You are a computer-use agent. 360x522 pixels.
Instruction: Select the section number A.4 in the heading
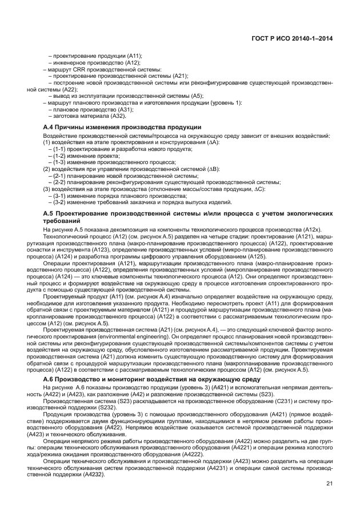50,126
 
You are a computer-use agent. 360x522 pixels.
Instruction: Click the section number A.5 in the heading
50,213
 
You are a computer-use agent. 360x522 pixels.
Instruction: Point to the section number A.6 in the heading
50,364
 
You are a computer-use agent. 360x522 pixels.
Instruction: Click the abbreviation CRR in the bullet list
77,69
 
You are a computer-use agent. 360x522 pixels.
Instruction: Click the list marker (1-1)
59,149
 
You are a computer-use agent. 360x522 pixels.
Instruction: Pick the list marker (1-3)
59,162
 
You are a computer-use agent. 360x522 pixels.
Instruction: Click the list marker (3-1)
59,196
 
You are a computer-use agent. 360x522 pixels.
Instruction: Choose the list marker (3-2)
59,202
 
